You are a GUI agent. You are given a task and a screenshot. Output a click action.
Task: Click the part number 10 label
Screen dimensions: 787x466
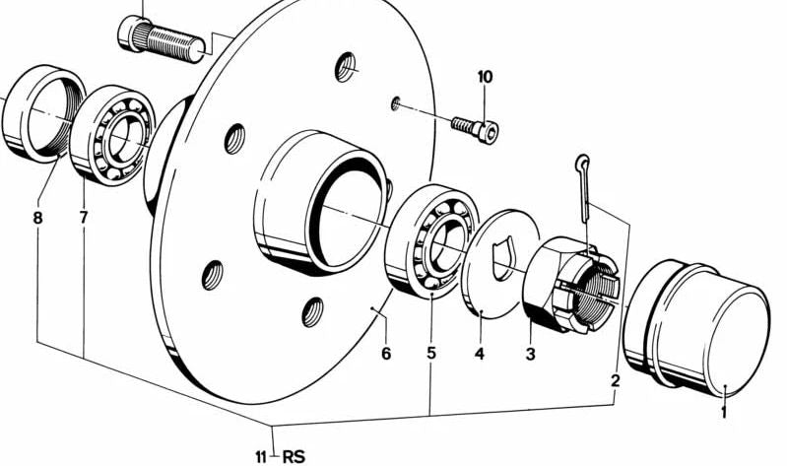click(485, 77)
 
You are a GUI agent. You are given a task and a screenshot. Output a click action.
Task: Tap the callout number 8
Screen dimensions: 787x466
click(37, 218)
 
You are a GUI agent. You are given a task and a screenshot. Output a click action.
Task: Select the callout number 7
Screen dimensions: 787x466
click(84, 218)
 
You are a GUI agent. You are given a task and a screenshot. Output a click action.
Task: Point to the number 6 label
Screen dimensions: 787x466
click(385, 354)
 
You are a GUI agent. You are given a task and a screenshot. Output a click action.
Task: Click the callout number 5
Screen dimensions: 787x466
click(431, 353)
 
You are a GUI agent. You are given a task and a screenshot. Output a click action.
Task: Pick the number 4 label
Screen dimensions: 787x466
click(480, 354)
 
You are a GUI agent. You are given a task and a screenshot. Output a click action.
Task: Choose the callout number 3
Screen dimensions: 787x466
click(531, 354)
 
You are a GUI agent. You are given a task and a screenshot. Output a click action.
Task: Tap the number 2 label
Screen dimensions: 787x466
click(616, 380)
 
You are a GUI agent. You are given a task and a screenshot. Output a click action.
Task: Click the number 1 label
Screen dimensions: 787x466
click(723, 412)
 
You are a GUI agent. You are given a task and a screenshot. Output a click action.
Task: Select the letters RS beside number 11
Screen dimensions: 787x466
click(294, 457)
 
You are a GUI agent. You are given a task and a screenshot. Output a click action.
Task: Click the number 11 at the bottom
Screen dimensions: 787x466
click(260, 457)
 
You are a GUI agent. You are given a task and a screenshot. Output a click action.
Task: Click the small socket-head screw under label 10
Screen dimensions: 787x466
click(477, 129)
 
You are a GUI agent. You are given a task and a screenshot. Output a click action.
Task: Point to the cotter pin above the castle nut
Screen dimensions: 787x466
click(584, 187)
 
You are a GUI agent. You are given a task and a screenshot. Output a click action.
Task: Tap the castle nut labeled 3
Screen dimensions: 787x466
click(570, 284)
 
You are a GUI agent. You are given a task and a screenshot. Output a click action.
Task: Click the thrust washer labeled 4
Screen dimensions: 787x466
click(499, 263)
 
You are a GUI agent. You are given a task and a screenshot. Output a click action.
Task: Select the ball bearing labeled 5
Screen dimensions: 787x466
click(432, 241)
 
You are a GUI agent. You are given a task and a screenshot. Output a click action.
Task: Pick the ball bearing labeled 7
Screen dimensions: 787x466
click(112, 136)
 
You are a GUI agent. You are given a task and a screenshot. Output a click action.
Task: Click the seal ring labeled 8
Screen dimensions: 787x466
click(42, 113)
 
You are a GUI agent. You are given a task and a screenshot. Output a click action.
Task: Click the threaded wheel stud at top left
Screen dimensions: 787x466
click(162, 38)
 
